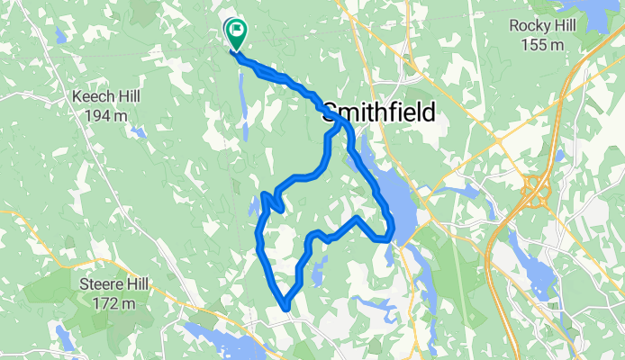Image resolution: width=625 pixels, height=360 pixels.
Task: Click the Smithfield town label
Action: coord(378,112)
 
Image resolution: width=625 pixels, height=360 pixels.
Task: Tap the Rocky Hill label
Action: coord(542,25)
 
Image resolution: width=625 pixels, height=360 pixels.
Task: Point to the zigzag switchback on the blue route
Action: coord(272,200)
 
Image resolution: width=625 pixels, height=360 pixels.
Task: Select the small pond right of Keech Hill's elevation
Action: coord(137,131)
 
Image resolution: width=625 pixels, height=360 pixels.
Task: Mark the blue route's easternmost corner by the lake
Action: coord(391,238)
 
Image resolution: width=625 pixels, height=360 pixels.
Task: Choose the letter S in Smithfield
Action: coord(330,112)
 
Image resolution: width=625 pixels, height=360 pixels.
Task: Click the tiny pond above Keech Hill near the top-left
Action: coord(59,36)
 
